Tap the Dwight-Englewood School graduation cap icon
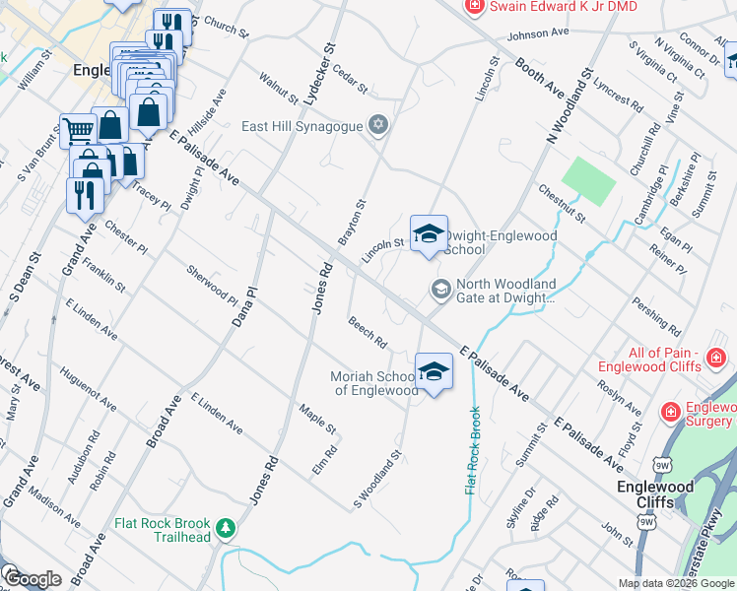(x=429, y=233)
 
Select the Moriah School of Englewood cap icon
(x=434, y=371)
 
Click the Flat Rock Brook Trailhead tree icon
(x=226, y=529)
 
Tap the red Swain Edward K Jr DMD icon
(x=475, y=7)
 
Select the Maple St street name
(x=318, y=421)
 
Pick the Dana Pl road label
(x=243, y=306)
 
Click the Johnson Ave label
(x=538, y=33)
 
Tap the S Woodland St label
(x=378, y=482)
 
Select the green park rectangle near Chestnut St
(x=589, y=180)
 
